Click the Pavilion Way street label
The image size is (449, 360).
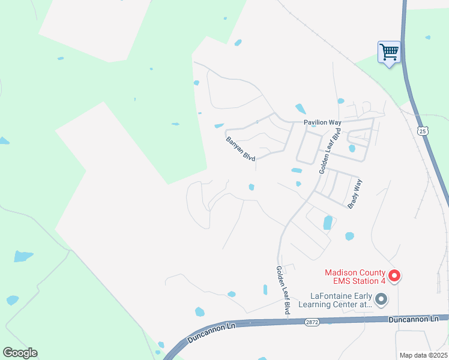point(322,122)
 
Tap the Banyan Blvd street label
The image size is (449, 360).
point(241,149)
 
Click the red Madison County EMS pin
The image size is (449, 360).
point(394,275)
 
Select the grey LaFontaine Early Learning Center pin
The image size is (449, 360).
point(380,299)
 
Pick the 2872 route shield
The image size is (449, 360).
point(312,322)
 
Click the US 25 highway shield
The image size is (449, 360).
point(423,130)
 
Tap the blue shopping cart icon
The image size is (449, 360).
point(389,52)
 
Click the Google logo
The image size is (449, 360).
point(20,353)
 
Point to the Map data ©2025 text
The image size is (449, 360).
point(423,355)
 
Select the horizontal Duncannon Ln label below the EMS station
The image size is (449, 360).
point(412,319)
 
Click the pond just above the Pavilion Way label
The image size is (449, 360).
point(300,109)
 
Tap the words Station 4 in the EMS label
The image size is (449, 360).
point(364,280)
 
